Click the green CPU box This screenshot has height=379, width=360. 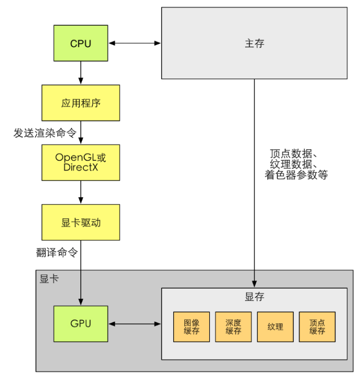coord(81,43)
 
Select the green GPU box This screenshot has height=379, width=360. coord(81,324)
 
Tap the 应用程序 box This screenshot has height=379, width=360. coord(81,103)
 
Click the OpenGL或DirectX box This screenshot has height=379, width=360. coord(81,162)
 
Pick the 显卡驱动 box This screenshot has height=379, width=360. coord(81,222)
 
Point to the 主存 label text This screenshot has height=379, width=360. coord(254,43)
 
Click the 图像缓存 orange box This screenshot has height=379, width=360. coord(191,327)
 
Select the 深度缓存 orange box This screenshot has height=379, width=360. coord(233,327)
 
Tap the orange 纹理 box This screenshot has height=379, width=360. coord(275,327)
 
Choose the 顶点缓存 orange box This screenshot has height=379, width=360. coord(317,327)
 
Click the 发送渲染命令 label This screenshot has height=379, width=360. coord(45,133)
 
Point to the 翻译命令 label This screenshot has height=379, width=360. coord(57,253)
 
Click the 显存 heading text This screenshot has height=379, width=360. coord(254,296)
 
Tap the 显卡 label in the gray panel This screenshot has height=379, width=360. coord(49,279)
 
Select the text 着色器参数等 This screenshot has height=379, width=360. coord(296,175)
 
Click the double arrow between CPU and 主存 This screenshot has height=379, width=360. coord(135,43)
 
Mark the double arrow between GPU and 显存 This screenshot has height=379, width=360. coord(135,324)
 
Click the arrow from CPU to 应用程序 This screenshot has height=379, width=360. coord(81,72)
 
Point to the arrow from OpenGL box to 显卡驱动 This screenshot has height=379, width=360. coord(81,192)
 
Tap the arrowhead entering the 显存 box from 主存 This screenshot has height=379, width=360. coord(254,284)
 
